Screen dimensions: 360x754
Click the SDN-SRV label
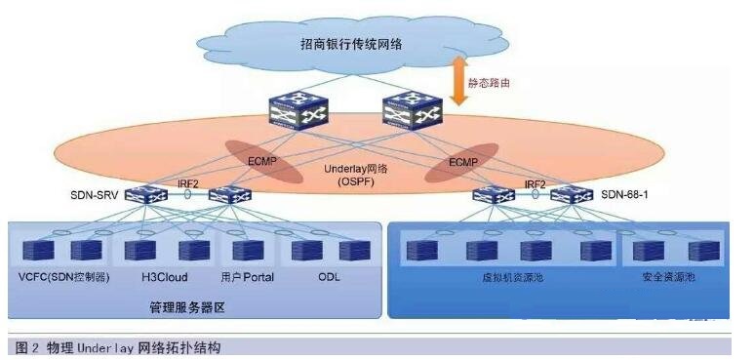pyautogui.click(x=96, y=195)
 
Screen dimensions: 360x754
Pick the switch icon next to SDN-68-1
pyautogui.click(x=572, y=195)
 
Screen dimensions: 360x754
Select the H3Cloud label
pyautogui.click(x=157, y=277)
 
